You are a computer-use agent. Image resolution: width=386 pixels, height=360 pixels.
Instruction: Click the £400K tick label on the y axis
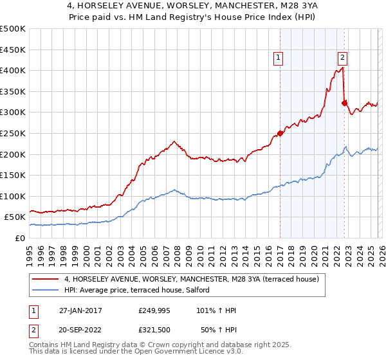point(13,71)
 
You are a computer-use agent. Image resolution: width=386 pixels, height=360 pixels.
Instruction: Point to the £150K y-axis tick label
point(13,175)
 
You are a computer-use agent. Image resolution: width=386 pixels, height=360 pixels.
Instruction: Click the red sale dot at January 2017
point(280,134)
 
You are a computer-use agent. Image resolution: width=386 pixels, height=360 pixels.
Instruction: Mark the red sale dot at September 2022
point(344,103)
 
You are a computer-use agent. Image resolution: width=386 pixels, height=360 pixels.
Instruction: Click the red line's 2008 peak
point(173,141)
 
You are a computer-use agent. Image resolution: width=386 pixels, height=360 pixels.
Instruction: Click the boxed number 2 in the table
point(33,330)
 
